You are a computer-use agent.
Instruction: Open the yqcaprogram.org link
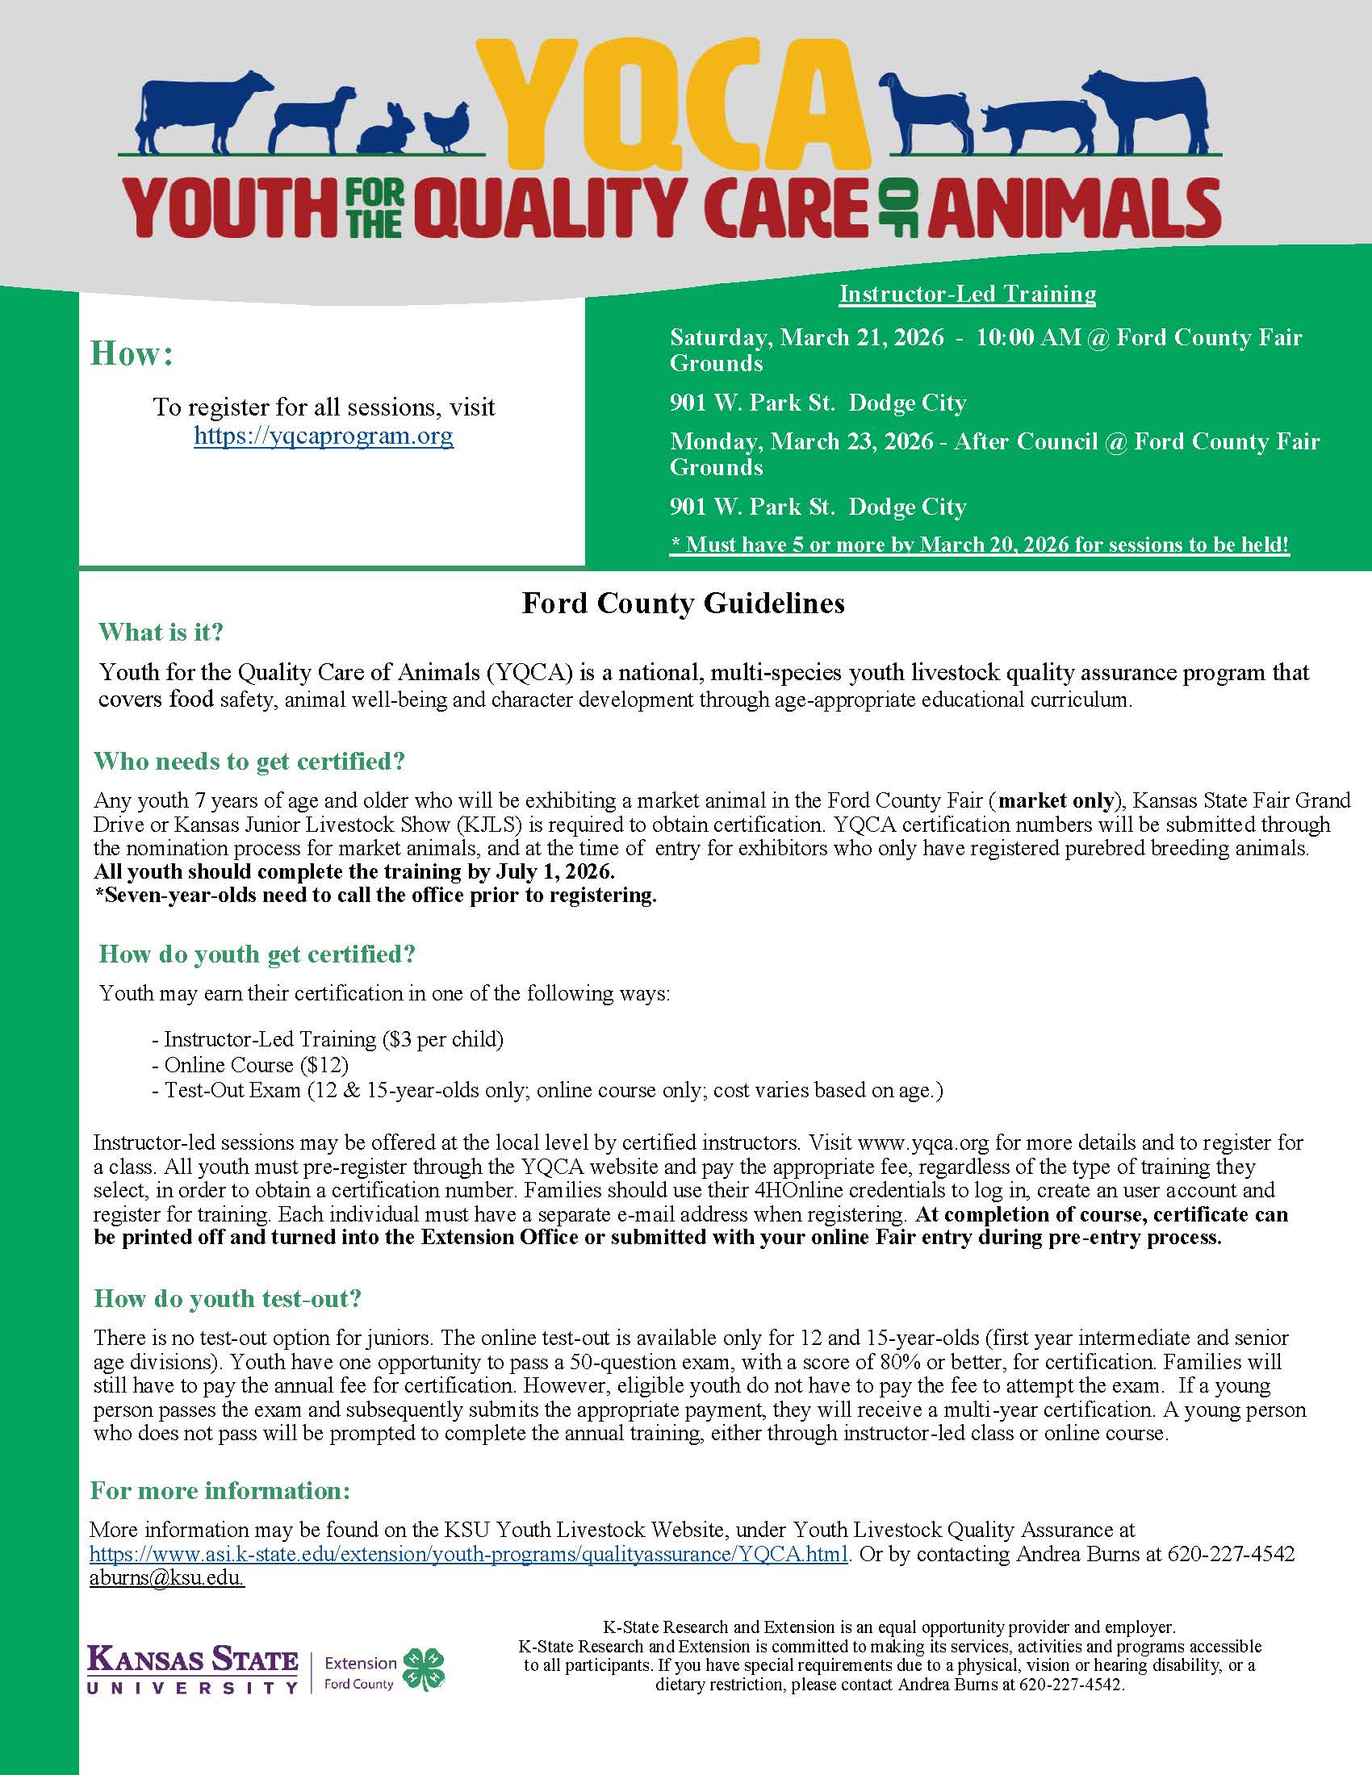point(324,436)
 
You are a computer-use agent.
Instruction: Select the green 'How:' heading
point(132,354)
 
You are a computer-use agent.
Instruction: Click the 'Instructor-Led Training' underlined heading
point(967,294)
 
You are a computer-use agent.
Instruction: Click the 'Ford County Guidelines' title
point(683,603)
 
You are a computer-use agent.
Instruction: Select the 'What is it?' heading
point(161,633)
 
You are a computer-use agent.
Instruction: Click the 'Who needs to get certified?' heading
point(249,762)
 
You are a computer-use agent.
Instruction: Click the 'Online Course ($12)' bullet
point(256,1065)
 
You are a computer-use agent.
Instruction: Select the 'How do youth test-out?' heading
point(228,1299)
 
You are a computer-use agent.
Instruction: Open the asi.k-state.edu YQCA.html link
point(469,1553)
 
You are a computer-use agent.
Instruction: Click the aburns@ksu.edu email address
point(166,1577)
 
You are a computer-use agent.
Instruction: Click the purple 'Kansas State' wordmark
point(193,1660)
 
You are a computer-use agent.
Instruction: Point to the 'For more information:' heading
point(220,1490)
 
